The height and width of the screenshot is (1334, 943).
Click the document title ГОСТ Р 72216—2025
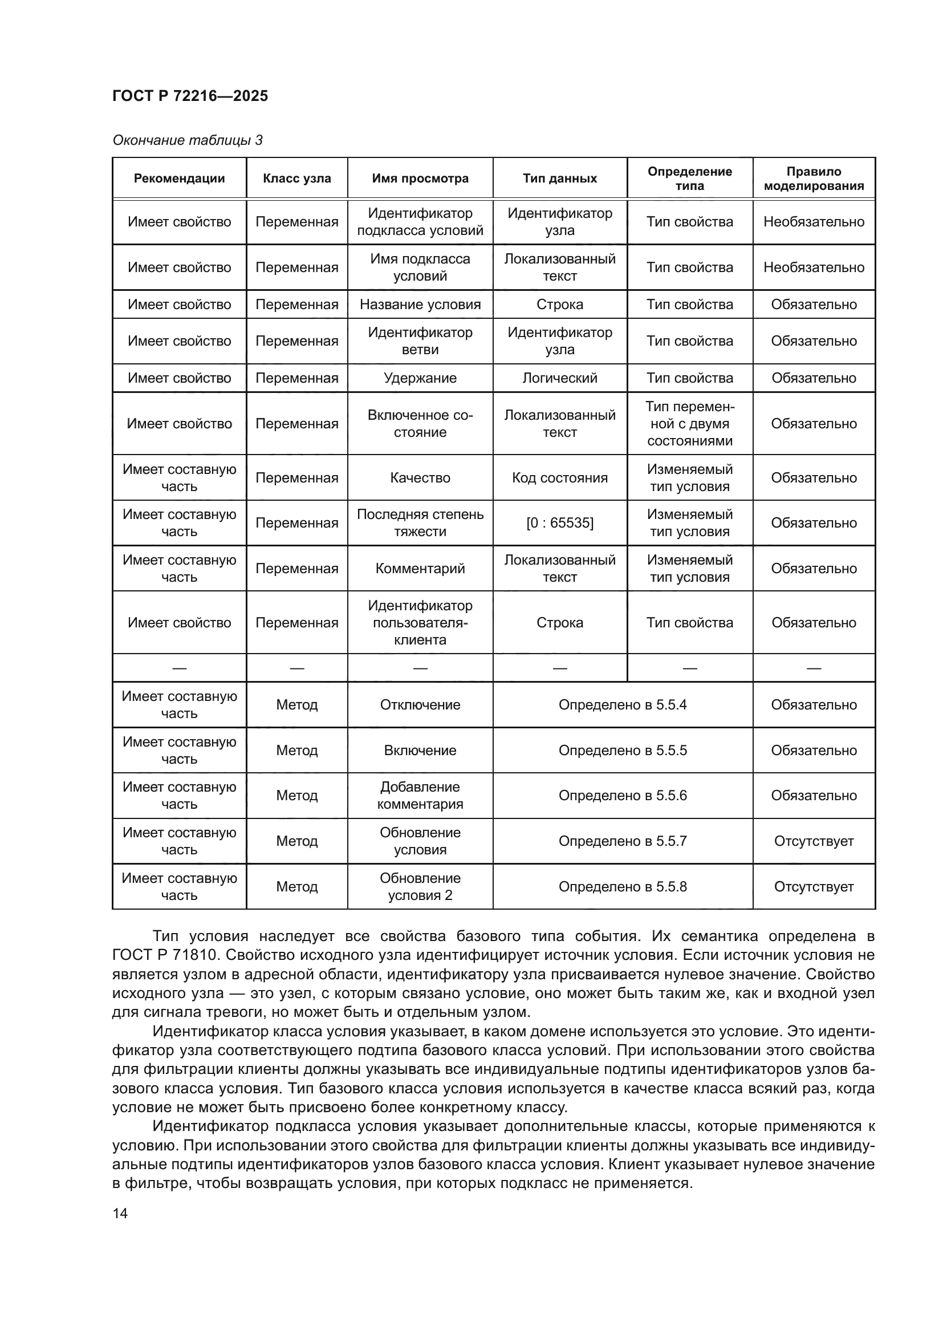[x=190, y=96]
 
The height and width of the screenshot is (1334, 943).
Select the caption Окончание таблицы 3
[x=187, y=140]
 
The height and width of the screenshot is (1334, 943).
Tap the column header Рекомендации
[x=180, y=179]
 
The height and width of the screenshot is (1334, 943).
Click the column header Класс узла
[x=296, y=179]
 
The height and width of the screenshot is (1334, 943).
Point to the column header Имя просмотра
[x=420, y=179]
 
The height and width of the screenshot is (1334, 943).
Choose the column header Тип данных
[x=560, y=179]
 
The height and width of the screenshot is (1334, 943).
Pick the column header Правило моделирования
[x=814, y=179]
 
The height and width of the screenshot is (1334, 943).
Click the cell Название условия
[x=420, y=305]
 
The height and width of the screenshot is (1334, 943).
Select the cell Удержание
[x=420, y=378]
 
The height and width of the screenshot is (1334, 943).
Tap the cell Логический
[x=560, y=378]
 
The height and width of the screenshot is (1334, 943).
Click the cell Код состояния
[x=560, y=477]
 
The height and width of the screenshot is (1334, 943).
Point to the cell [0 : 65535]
[x=560, y=523]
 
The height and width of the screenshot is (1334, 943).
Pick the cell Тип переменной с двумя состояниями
[x=690, y=424]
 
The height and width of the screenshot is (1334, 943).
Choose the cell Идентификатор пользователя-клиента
[x=420, y=623]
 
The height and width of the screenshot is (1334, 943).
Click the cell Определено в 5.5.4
[x=623, y=705]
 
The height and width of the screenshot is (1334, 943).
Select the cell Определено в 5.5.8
[x=623, y=887]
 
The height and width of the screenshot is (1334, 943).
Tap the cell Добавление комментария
[x=420, y=796]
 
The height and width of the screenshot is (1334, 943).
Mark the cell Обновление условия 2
[x=420, y=887]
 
